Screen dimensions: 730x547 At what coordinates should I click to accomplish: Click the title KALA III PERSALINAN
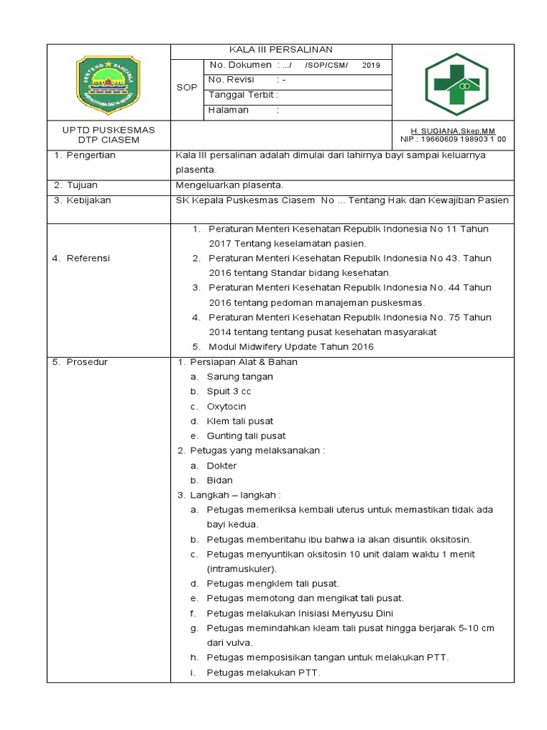(280, 49)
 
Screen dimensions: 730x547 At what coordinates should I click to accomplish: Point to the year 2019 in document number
(371, 66)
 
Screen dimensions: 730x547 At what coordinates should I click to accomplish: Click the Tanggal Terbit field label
(243, 95)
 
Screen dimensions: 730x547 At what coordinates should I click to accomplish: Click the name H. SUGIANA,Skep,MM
(453, 131)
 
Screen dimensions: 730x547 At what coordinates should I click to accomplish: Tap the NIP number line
(453, 140)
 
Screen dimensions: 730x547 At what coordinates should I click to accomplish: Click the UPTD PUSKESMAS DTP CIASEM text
(109, 135)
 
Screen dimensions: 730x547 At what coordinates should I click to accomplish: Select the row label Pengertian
(90, 155)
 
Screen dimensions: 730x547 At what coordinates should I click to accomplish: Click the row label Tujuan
(82, 185)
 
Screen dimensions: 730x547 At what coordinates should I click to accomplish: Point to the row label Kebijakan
(88, 200)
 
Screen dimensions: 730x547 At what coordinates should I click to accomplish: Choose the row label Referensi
(88, 258)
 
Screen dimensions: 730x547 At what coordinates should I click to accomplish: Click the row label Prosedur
(87, 362)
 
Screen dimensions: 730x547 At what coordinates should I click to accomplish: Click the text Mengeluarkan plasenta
(229, 185)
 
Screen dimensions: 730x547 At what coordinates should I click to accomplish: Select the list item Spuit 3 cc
(229, 391)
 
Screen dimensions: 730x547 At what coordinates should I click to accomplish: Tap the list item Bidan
(219, 480)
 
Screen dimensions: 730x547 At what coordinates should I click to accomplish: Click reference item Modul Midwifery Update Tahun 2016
(291, 347)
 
